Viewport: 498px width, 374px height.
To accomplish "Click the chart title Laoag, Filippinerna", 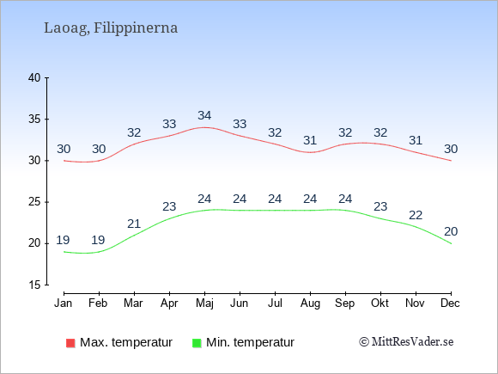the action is pyautogui.click(x=111, y=28).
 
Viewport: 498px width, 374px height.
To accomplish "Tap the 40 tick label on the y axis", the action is pyautogui.click(x=34, y=77).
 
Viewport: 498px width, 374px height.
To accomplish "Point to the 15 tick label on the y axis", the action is pyautogui.click(x=34, y=285).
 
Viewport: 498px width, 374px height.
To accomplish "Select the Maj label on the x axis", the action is pyautogui.click(x=204, y=303).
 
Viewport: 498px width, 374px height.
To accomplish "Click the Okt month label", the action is pyautogui.click(x=380, y=303).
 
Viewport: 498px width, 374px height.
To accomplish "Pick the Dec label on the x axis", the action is pyautogui.click(x=450, y=303).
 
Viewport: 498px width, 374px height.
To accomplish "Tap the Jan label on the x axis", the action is pyautogui.click(x=64, y=303).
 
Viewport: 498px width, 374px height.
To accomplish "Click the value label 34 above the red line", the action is pyautogui.click(x=204, y=115).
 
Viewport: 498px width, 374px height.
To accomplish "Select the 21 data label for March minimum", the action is pyautogui.click(x=134, y=224).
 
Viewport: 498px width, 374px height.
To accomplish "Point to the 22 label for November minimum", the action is pyautogui.click(x=416, y=215).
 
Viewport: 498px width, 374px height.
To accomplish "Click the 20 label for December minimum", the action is pyautogui.click(x=451, y=231).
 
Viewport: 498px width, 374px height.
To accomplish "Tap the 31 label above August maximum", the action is pyautogui.click(x=310, y=140).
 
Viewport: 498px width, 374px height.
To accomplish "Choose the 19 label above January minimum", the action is pyautogui.click(x=63, y=240).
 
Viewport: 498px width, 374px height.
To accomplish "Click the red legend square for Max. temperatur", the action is pyautogui.click(x=70, y=343).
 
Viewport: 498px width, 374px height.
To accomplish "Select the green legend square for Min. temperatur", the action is pyautogui.click(x=197, y=343).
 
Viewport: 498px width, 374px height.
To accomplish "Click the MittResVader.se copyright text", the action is pyautogui.click(x=406, y=342).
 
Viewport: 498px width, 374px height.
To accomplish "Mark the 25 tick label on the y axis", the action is pyautogui.click(x=34, y=202).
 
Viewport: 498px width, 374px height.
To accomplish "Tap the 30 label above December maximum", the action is pyautogui.click(x=451, y=149).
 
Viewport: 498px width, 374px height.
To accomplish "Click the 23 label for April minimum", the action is pyautogui.click(x=169, y=206).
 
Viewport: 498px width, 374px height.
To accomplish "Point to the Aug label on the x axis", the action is pyautogui.click(x=310, y=303).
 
